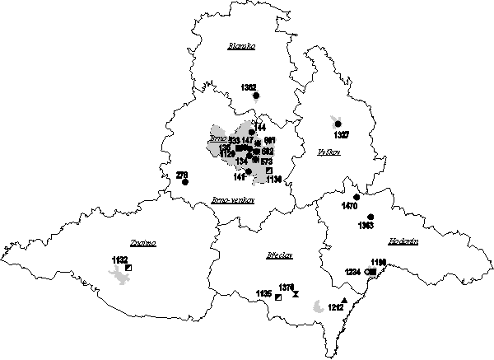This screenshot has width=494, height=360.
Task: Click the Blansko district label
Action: point(241,47)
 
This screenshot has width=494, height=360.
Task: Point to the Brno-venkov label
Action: point(233,200)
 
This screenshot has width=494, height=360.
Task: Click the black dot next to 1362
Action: point(256,96)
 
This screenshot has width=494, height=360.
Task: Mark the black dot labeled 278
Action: point(185,182)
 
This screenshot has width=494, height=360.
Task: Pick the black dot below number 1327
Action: point(338,124)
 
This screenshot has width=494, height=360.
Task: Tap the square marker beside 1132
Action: point(128,267)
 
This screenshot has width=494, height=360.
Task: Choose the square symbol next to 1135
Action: point(278,297)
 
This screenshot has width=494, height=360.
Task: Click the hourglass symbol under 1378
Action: point(296,293)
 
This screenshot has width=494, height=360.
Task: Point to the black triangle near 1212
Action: point(344,300)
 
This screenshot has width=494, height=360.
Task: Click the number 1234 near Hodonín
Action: point(352,272)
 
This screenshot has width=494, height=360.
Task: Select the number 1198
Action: point(379,262)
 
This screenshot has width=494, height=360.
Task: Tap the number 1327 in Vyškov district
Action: point(342,134)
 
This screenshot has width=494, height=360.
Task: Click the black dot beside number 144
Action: point(252,132)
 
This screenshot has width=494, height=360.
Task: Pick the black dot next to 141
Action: point(249,171)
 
